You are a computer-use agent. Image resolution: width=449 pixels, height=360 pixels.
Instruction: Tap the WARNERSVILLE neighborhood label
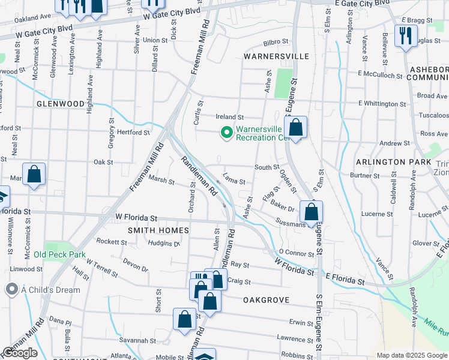(x=276, y=56)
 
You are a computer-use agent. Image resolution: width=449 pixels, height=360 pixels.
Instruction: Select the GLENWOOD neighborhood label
(x=61, y=104)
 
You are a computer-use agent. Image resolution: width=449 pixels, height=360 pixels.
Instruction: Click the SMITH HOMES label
(x=158, y=230)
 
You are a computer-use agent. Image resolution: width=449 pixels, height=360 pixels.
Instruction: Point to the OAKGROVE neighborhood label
(x=267, y=299)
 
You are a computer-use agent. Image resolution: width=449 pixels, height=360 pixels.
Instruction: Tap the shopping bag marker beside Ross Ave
(x=295, y=127)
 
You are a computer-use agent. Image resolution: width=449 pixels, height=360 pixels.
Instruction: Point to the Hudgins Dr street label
(x=164, y=244)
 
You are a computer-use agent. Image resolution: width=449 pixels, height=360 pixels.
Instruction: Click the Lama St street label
(x=234, y=180)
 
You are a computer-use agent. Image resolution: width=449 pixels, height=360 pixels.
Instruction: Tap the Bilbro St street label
(x=276, y=42)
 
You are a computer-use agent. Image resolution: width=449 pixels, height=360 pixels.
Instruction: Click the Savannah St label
(x=133, y=340)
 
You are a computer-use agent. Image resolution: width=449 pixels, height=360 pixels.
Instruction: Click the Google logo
(x=20, y=353)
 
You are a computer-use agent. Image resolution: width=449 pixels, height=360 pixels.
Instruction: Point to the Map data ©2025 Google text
(x=412, y=355)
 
